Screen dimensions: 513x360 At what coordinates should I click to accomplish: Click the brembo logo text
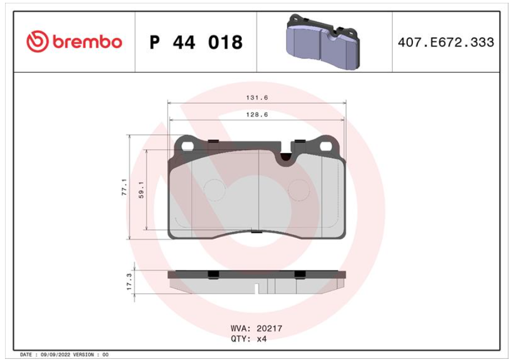coord(87,42)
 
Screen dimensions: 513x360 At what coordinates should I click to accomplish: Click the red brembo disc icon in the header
coord(37,41)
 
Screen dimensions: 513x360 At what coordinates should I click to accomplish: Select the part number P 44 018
coord(196,42)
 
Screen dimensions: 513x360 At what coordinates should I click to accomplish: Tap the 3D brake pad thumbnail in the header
coord(323,41)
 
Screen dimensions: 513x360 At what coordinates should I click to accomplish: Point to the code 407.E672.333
coord(446,42)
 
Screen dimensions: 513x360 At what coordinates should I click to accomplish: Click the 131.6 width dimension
coord(257,98)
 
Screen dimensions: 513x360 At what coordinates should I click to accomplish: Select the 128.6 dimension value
coord(257,115)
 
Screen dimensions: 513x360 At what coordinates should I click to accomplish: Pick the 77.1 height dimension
coord(124,187)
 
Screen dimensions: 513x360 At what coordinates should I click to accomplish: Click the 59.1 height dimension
coord(142,190)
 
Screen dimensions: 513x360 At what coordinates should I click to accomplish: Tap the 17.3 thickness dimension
coord(129,282)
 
